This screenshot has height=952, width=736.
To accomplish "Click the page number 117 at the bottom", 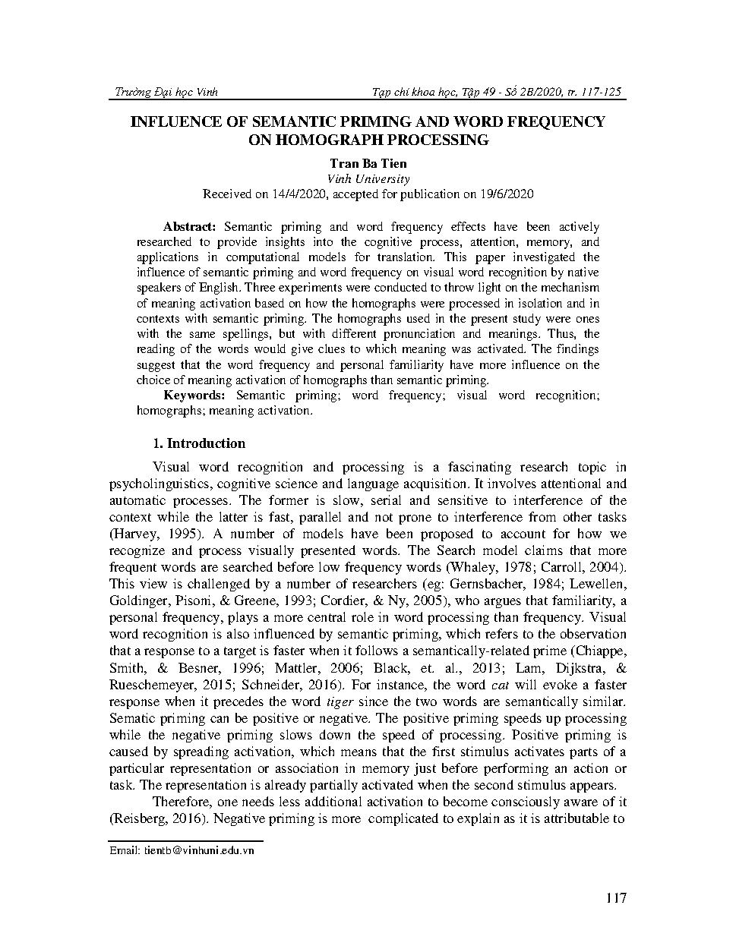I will pyautogui.click(x=617, y=899).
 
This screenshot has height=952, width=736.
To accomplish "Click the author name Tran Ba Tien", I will pyautogui.click(x=368, y=163).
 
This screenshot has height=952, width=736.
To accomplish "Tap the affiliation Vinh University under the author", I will pyautogui.click(x=368, y=179).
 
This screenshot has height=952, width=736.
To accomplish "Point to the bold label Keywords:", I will pyautogui.click(x=194, y=395).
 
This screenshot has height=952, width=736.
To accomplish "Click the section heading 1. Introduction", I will pyautogui.click(x=199, y=443).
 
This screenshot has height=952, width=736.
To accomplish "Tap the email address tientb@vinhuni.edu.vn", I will pyautogui.click(x=182, y=850).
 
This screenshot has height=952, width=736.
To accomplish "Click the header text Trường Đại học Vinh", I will pyautogui.click(x=165, y=92).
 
